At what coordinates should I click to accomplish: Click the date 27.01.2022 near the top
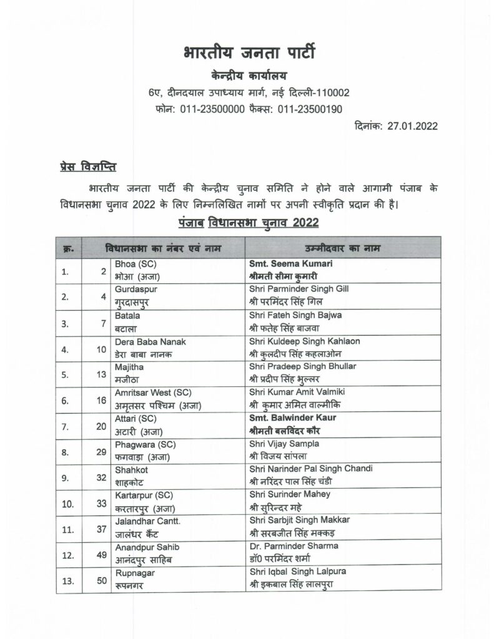[412, 125]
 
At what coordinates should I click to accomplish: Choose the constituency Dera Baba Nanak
[151, 341]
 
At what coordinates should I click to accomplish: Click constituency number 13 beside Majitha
[101, 373]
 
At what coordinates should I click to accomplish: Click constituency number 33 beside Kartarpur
[101, 502]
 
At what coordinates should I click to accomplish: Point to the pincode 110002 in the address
[333, 93]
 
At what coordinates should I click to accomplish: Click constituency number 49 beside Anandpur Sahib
[101, 554]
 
